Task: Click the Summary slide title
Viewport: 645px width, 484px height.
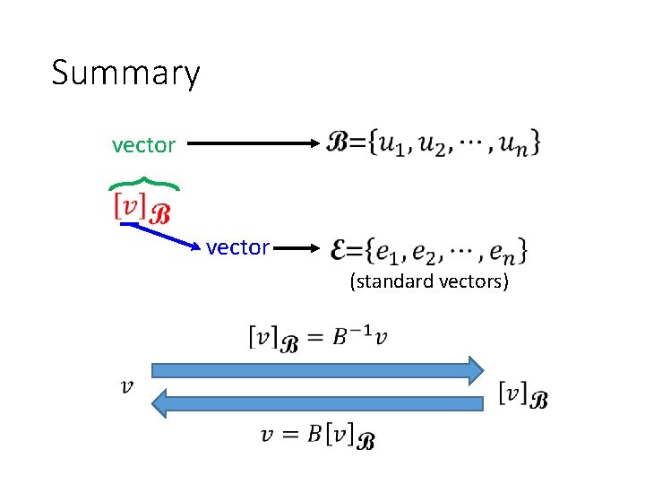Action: point(125,73)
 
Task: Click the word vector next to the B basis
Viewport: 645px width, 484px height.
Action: point(143,144)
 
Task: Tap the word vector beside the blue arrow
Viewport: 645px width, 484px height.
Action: point(237,247)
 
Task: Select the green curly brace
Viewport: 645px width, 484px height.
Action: point(144,184)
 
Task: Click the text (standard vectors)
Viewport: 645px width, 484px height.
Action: point(429,281)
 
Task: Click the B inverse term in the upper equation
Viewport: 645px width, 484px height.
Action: point(350,337)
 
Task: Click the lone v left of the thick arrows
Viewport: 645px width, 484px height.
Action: point(128,386)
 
